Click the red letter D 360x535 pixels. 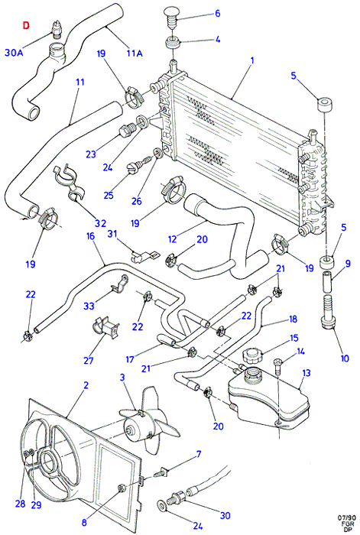tap(26, 25)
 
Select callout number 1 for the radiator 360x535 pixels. tap(252, 60)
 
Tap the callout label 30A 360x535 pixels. tap(14, 53)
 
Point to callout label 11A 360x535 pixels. tap(135, 53)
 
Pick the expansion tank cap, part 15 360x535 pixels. tap(251, 356)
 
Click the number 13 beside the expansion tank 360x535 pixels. tap(306, 373)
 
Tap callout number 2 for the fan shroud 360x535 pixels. tap(86, 385)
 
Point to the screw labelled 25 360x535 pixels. tap(140, 164)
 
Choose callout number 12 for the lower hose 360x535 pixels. tap(173, 239)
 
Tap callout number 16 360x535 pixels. tap(90, 236)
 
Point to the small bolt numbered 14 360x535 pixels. tap(278, 367)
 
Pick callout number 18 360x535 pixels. tap(293, 319)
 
